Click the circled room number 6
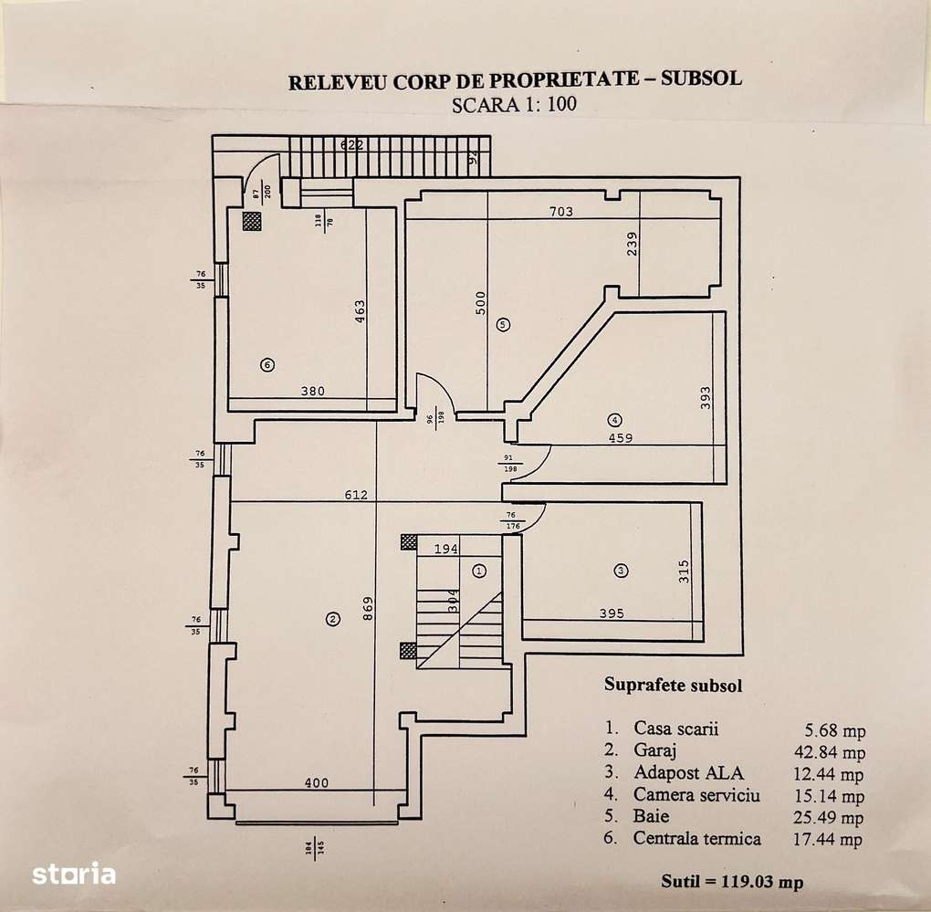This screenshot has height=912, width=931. [x=267, y=364]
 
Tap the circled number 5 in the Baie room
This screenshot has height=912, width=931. [x=502, y=323]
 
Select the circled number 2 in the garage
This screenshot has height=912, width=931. [x=332, y=619]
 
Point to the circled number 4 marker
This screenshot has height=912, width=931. [x=615, y=420]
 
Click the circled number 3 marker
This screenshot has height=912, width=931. [x=621, y=571]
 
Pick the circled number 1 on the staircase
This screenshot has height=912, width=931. [x=480, y=571]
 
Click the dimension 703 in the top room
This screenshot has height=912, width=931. [x=560, y=212]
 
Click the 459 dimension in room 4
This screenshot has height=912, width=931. [x=621, y=437]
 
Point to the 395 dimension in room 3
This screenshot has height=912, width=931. [x=612, y=613]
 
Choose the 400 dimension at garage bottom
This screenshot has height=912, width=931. [x=316, y=782]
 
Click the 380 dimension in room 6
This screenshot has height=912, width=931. [x=312, y=392]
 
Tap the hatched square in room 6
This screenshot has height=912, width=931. [x=251, y=219]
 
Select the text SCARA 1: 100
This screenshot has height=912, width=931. [x=515, y=103]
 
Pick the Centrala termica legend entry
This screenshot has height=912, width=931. [x=697, y=838]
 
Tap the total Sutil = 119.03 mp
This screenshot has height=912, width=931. [x=733, y=882]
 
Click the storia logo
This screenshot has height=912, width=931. [x=74, y=874]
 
